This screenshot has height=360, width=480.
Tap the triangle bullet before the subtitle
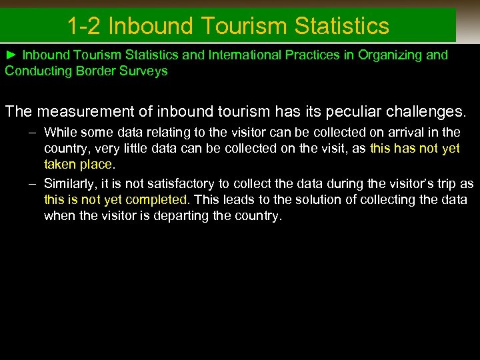pos(11,55)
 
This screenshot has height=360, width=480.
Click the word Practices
pos(315,55)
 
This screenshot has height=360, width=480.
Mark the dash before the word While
pos(32,132)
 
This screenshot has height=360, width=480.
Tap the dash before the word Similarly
pos(32,183)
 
